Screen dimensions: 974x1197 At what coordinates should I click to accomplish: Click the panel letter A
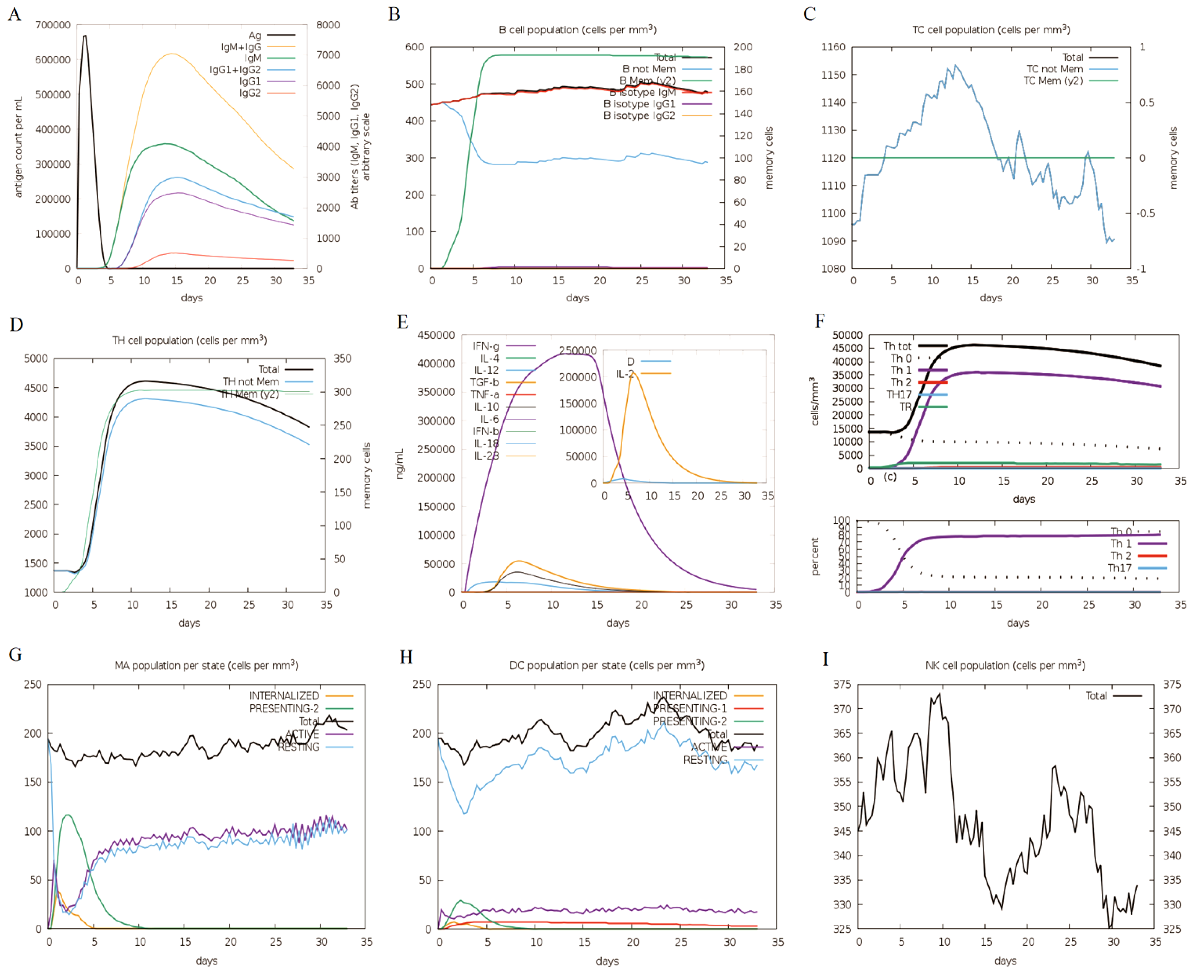pos(15,14)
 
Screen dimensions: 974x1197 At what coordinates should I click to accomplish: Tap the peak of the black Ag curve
pos(85,36)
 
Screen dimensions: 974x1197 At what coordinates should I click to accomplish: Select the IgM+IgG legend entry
pos(241,47)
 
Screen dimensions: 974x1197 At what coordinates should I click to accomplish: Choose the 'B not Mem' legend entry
pos(649,69)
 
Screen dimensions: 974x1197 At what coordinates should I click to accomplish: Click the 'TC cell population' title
pos(990,30)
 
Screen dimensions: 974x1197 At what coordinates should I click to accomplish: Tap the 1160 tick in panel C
pos(833,47)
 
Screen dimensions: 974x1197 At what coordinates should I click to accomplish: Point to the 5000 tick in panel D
pos(35,359)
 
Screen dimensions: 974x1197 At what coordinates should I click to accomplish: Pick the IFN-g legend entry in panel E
pos(486,346)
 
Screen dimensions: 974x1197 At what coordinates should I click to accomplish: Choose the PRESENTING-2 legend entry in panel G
pos(284,709)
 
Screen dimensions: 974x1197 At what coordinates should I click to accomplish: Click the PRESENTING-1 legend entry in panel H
pos(690,709)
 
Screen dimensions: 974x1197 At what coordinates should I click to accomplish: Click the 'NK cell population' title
pos(1004,665)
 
